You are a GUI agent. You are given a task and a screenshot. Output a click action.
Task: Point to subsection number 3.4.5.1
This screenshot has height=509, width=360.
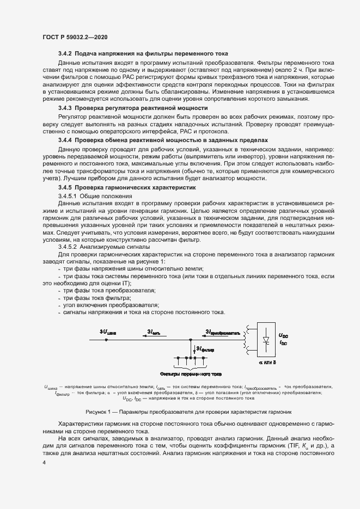click(x=67, y=195)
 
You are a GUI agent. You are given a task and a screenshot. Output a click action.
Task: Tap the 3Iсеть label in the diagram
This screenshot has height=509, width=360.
click(x=154, y=331)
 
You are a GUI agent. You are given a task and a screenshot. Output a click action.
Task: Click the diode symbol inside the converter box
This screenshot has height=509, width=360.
click(x=266, y=340)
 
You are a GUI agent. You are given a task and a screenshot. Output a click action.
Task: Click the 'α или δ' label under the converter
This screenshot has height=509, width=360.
click(x=267, y=361)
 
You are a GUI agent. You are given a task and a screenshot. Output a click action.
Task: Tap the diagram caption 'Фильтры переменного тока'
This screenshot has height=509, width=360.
click(x=191, y=375)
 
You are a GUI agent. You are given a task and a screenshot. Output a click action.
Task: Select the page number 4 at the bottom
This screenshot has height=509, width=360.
click(x=44, y=462)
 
